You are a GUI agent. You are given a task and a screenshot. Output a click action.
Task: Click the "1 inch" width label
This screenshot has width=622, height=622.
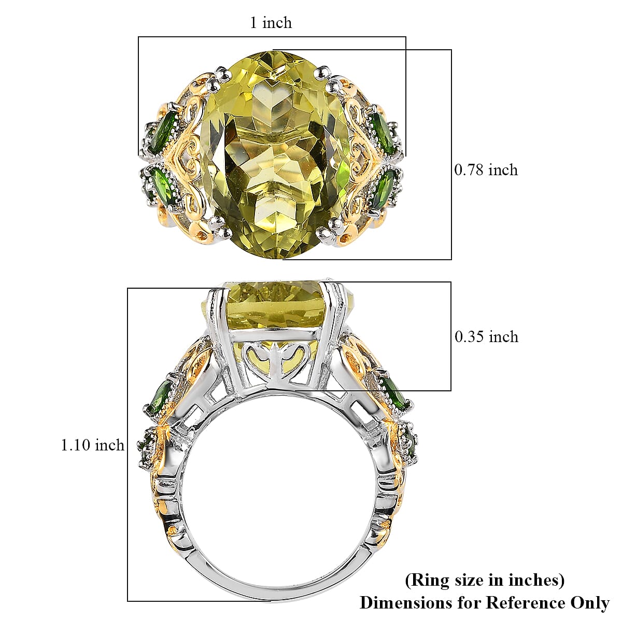[x=271, y=23]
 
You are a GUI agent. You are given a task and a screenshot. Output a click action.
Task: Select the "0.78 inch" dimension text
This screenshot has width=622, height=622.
[x=486, y=170]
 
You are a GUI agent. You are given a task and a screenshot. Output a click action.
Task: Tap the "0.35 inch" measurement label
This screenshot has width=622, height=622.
[x=486, y=337]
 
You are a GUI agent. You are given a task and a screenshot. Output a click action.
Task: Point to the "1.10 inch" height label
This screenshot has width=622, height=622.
[x=93, y=445]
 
